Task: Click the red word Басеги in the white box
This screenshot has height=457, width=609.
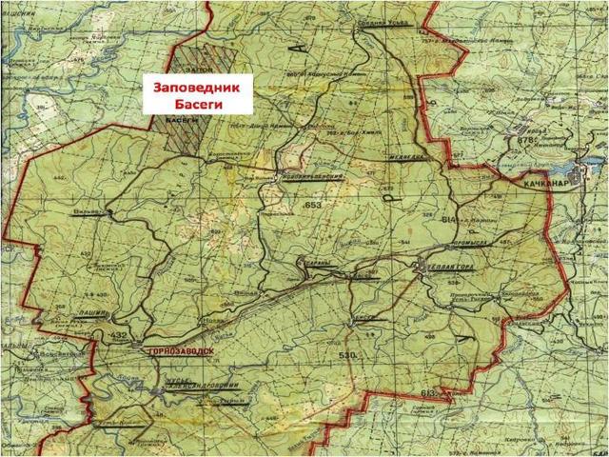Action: point(197,103)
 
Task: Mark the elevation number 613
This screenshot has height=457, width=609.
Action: point(430,392)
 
